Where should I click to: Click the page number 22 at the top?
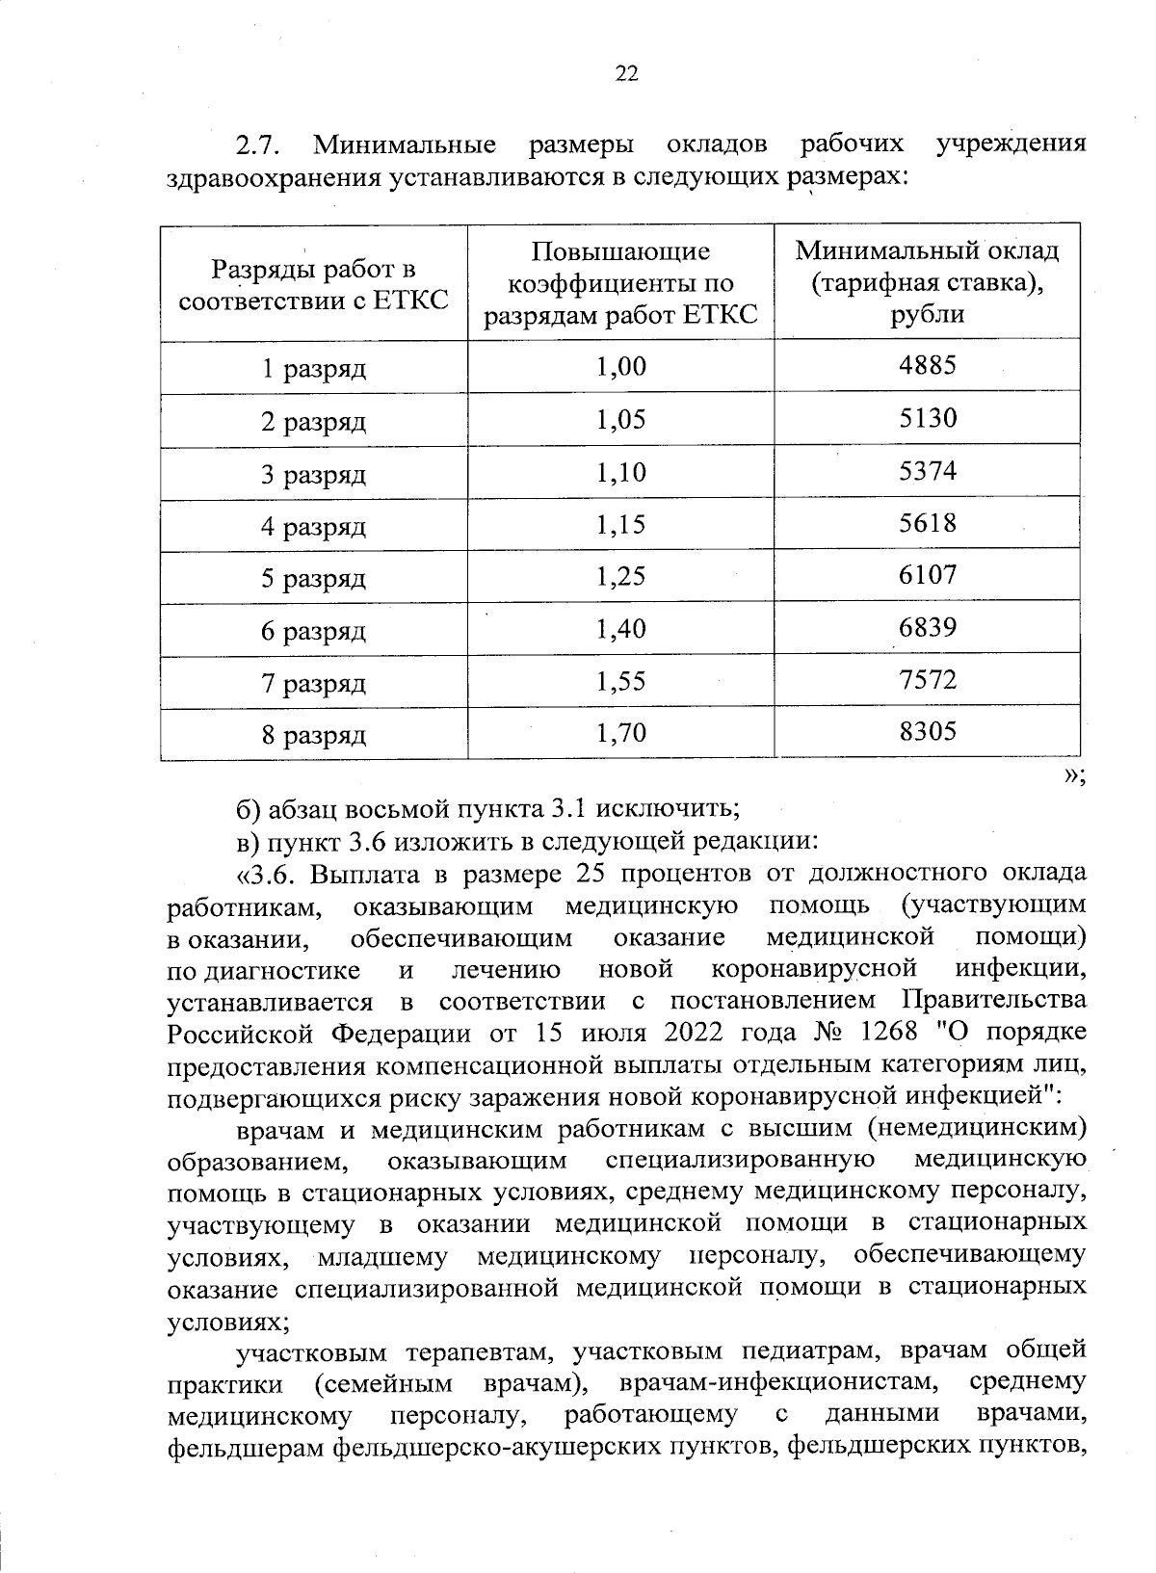point(626,75)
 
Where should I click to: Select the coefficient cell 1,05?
point(620,419)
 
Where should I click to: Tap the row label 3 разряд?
point(314,474)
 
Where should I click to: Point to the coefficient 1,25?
point(620,577)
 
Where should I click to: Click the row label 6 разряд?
point(314,632)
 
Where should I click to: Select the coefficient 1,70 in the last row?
point(620,735)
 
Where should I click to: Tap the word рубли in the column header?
point(927,315)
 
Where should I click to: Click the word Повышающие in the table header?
point(620,252)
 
